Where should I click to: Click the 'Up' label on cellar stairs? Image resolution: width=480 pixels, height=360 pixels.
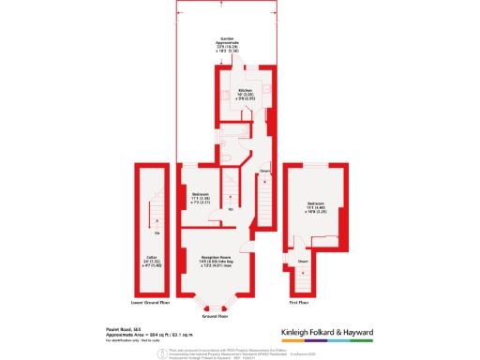coord(156,232)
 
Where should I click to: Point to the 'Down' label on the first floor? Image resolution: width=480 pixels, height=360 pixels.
coord(303,262)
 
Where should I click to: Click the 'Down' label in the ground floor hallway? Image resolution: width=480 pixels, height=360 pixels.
coord(263,171)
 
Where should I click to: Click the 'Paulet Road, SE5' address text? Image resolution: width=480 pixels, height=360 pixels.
coord(123,329)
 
